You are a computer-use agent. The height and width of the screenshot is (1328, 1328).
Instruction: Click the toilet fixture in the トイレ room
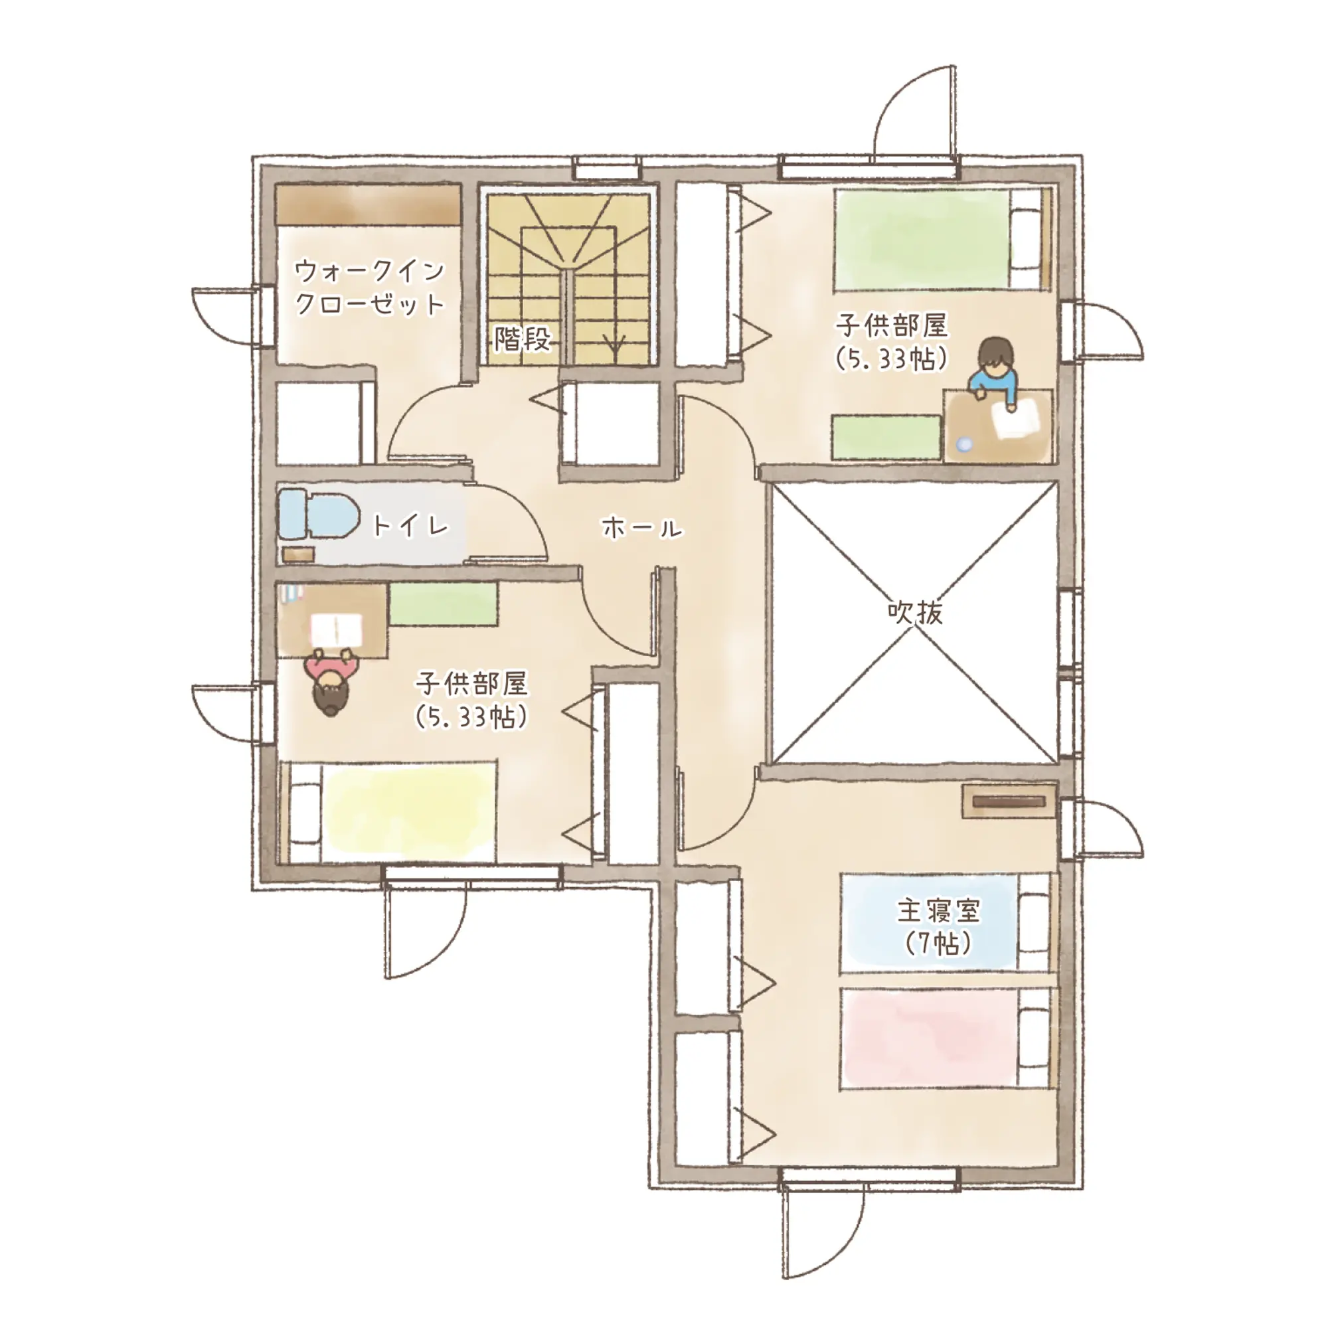click(318, 514)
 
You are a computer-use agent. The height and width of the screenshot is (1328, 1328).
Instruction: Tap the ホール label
click(642, 528)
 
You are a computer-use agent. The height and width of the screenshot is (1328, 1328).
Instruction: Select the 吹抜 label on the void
click(914, 611)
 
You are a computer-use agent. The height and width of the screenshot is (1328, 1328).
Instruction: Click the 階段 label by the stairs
click(523, 339)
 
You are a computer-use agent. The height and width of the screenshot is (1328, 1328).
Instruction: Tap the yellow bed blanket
click(409, 812)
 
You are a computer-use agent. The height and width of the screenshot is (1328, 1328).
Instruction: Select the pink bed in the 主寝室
click(948, 1038)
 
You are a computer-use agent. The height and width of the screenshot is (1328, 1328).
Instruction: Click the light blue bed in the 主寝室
click(948, 922)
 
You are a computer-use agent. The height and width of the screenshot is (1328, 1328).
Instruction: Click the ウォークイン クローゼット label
click(370, 288)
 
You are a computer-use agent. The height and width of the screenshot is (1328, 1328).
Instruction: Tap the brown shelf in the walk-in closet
click(368, 204)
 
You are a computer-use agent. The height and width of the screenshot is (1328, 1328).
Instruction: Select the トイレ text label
click(410, 526)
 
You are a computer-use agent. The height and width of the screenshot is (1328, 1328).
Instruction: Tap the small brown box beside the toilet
click(297, 554)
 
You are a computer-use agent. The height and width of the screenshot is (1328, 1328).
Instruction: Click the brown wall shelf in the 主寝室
click(1008, 801)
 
